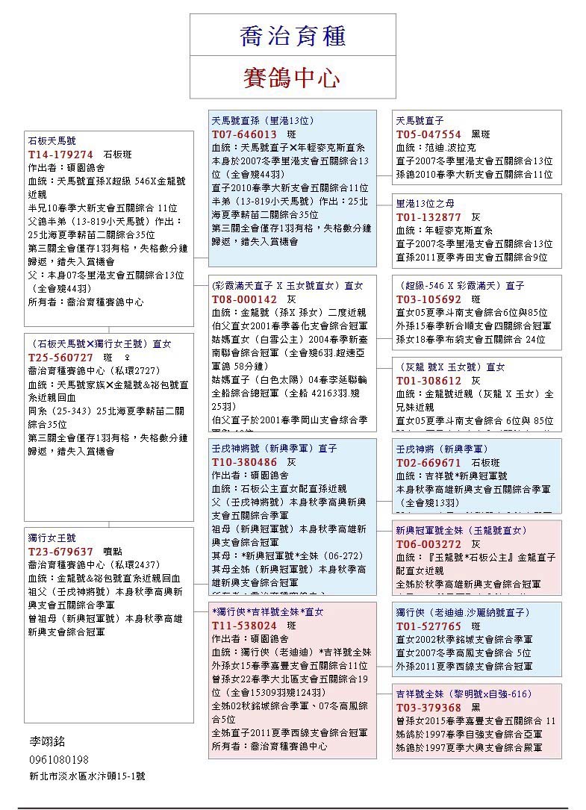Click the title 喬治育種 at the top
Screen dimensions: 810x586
click(293, 35)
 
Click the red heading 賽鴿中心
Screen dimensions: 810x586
click(292, 78)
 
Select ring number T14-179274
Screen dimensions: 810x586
click(60, 154)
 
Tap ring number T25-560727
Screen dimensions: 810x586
click(60, 357)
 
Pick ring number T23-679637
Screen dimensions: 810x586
click(60, 552)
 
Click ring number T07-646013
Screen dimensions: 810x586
click(244, 134)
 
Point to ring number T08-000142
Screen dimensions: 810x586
click(244, 299)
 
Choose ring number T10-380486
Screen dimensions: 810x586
click(244, 462)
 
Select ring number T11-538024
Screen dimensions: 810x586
click(244, 625)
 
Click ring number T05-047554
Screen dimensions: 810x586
click(428, 134)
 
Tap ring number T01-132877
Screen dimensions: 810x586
click(428, 217)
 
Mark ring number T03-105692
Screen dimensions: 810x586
click(428, 299)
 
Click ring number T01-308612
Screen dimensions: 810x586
click(428, 381)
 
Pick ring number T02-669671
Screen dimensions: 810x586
click(428, 462)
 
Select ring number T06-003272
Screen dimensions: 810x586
click(428, 543)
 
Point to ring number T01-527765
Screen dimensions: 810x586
click(428, 626)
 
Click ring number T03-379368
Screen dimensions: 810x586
click(428, 707)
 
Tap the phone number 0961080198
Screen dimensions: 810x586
click(59, 759)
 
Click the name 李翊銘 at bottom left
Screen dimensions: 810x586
click(47, 741)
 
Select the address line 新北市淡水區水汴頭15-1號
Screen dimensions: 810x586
click(87, 776)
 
